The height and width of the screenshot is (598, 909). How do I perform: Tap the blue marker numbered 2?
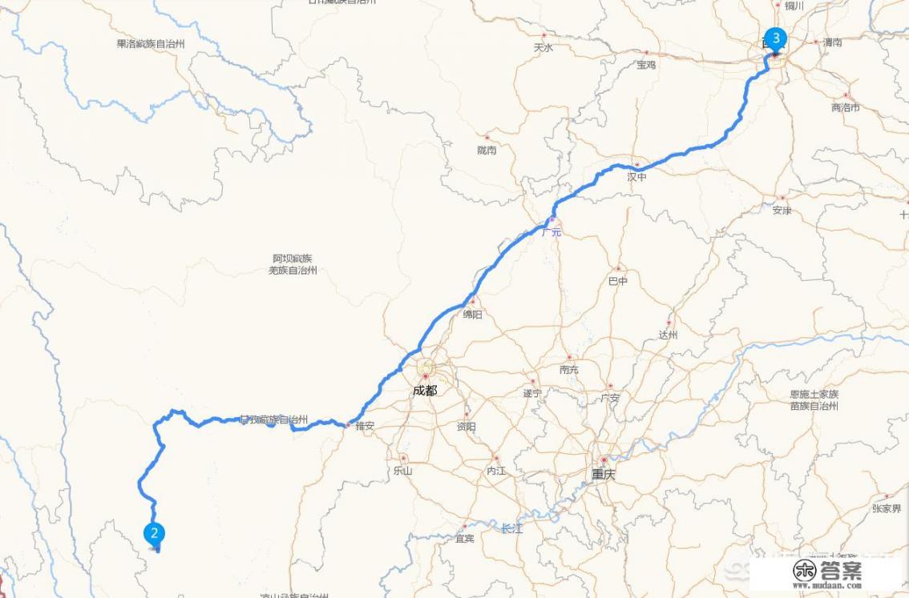pyautogui.click(x=154, y=532)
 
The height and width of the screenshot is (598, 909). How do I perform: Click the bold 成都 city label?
pyautogui.click(x=426, y=391)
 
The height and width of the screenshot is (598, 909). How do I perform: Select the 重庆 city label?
pyautogui.click(x=604, y=474)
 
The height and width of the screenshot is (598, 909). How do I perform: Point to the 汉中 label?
pyautogui.click(x=636, y=177)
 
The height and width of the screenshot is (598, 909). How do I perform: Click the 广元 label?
pyautogui.click(x=551, y=232)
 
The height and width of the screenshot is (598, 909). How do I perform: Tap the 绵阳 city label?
pyautogui.click(x=473, y=315)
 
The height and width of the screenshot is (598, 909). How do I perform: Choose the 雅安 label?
pyautogui.click(x=364, y=426)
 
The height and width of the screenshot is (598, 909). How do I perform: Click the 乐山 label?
pyautogui.click(x=402, y=471)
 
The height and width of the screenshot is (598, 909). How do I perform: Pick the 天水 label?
pyautogui.click(x=543, y=47)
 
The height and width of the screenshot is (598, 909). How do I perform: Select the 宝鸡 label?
pyautogui.click(x=646, y=65)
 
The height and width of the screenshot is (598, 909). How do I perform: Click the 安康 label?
pyautogui.click(x=782, y=211)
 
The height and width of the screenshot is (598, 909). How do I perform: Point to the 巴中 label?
pyautogui.click(x=618, y=281)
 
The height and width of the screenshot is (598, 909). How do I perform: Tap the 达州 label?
pyautogui.click(x=668, y=335)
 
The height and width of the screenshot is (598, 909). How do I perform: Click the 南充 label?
pyautogui.click(x=569, y=369)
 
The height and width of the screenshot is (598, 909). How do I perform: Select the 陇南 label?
pyautogui.click(x=487, y=150)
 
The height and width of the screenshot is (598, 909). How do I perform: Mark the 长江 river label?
pyautogui.click(x=511, y=528)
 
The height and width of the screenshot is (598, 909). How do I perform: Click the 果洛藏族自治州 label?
pyautogui.click(x=151, y=44)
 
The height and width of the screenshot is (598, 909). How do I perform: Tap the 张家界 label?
pyautogui.click(x=887, y=508)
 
